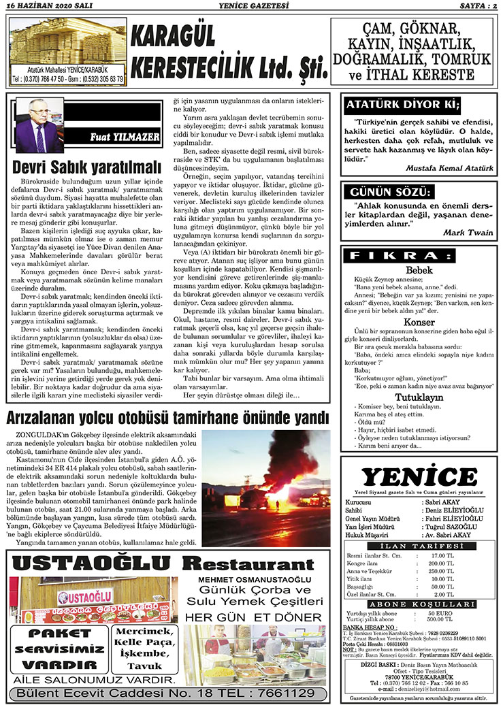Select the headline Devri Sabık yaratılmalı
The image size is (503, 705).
coord(87,166)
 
